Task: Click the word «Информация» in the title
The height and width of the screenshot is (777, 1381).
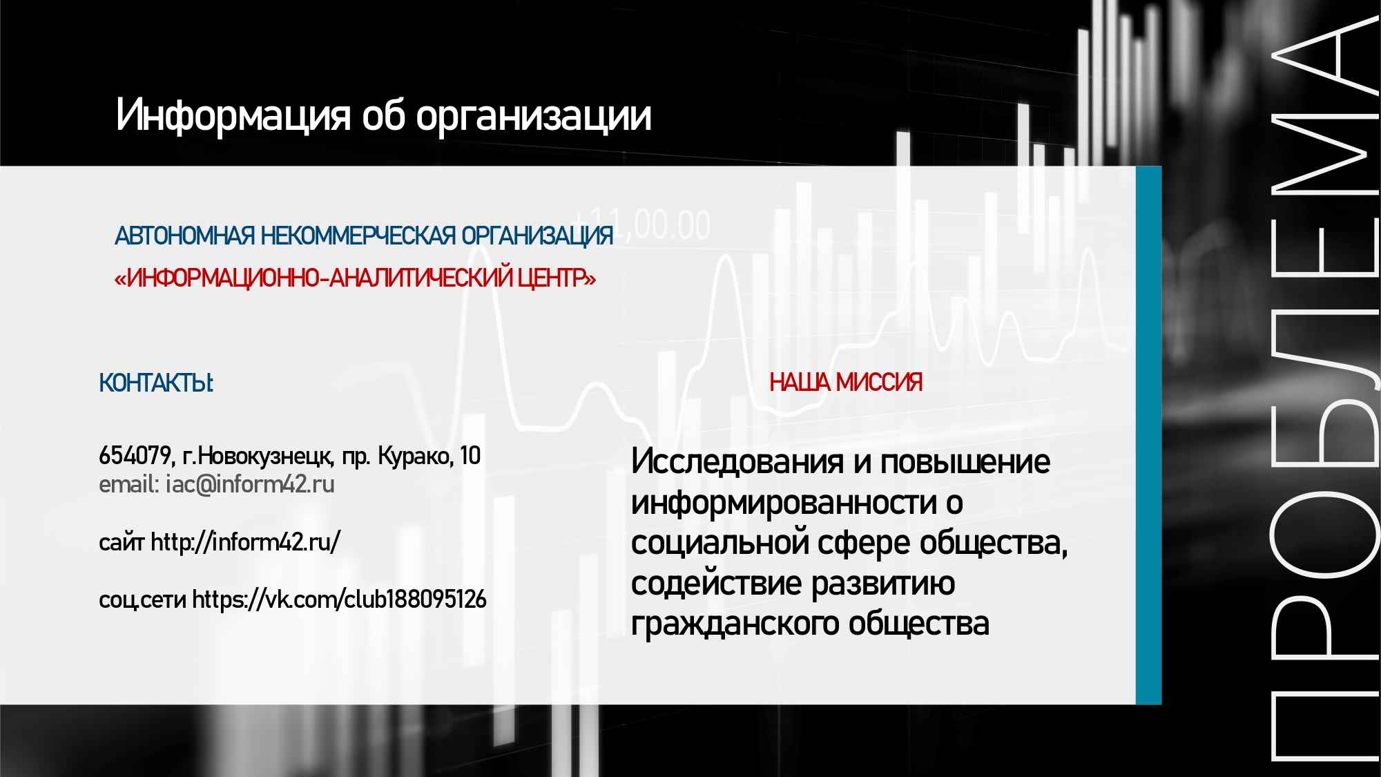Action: click(x=233, y=115)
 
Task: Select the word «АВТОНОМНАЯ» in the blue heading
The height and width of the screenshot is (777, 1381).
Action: click(x=185, y=236)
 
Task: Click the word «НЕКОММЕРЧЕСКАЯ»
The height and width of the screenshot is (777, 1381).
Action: click(x=358, y=236)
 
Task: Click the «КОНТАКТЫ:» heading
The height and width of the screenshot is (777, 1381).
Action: click(x=157, y=383)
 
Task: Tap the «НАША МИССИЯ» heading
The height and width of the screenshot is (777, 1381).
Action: click(x=846, y=382)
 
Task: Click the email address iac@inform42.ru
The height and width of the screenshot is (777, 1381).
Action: click(x=250, y=485)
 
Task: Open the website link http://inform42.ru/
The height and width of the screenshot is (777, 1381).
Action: click(x=245, y=542)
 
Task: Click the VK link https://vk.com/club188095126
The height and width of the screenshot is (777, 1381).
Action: click(x=339, y=599)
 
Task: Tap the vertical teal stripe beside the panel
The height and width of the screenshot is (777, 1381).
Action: click(x=1148, y=435)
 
